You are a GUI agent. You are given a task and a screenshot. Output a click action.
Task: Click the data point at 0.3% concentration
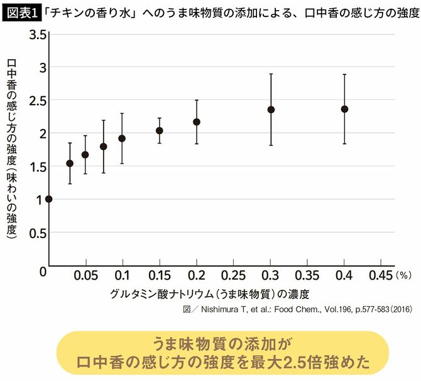(271, 110)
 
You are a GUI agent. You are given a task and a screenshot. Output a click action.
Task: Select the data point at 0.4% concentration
(344, 109)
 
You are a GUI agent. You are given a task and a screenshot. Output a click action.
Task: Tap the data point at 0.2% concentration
(197, 122)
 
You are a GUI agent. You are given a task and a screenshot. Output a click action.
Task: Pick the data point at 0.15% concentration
(160, 130)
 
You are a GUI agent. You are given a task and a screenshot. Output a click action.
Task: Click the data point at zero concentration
(49, 199)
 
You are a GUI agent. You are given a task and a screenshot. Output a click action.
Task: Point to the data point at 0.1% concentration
(123, 139)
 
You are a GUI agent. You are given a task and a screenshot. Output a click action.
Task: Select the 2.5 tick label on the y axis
(37, 100)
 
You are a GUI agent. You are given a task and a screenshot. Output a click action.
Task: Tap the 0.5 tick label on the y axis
(37, 232)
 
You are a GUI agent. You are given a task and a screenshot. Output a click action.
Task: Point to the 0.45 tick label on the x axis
(381, 276)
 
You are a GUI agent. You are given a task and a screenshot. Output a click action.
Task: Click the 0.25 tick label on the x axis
(233, 276)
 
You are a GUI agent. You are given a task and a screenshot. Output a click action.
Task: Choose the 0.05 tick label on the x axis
(85, 276)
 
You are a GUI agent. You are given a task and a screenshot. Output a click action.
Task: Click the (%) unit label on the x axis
(405, 276)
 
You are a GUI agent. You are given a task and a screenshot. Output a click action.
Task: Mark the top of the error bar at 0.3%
(271, 74)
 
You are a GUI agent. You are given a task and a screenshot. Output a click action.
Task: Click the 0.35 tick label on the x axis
(307, 276)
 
